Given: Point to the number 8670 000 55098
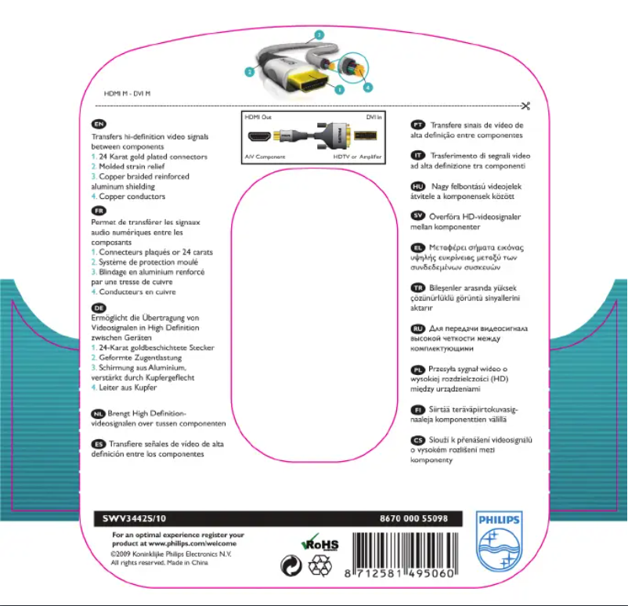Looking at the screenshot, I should click(x=413, y=519).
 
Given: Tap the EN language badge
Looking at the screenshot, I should click(x=99, y=124).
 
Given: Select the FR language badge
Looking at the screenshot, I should click(x=99, y=211).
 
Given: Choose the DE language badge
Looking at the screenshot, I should click(x=99, y=307).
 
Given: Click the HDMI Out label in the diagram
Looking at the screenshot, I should click(x=258, y=116).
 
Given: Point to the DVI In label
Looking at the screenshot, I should click(x=374, y=116).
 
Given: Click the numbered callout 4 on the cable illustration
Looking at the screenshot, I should click(x=368, y=86).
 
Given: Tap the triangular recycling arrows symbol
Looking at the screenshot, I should click(x=320, y=565).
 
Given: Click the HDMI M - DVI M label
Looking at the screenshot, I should click(x=128, y=93).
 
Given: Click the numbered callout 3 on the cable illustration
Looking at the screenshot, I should click(x=319, y=34).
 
